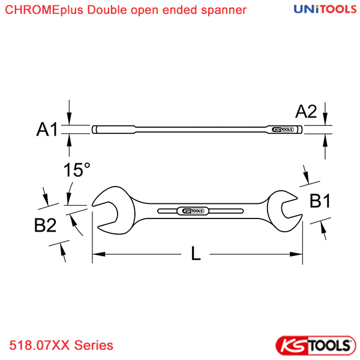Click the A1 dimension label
click(x=47, y=129)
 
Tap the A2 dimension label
click(x=306, y=112)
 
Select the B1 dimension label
click(x=320, y=201)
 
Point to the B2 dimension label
click(x=45, y=225)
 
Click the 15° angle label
click(x=77, y=170)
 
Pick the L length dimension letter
click(x=196, y=253)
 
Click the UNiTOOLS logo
click(x=325, y=9)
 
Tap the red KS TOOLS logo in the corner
click(x=316, y=346)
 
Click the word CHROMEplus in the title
click(x=44, y=10)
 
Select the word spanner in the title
click(x=224, y=10)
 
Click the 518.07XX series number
click(x=39, y=345)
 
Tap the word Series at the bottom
click(x=94, y=345)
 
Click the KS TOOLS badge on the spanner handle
click(x=193, y=211)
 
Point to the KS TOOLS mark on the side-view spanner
click(x=283, y=130)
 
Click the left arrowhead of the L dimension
click(x=99, y=254)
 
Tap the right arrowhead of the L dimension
click(x=296, y=254)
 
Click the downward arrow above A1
click(x=69, y=113)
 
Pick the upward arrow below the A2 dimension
click(x=325, y=146)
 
